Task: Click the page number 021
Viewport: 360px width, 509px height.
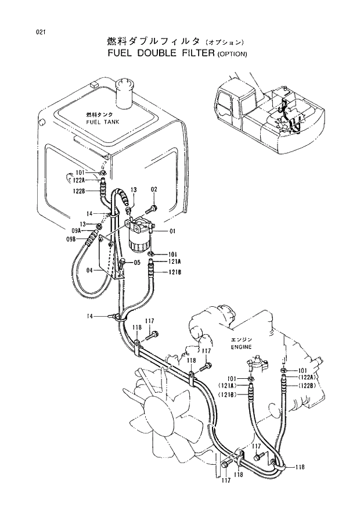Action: (x=40, y=33)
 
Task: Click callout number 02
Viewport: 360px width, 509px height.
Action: (x=154, y=189)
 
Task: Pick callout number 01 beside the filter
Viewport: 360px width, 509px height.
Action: (x=172, y=232)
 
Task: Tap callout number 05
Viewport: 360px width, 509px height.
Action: (x=138, y=262)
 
